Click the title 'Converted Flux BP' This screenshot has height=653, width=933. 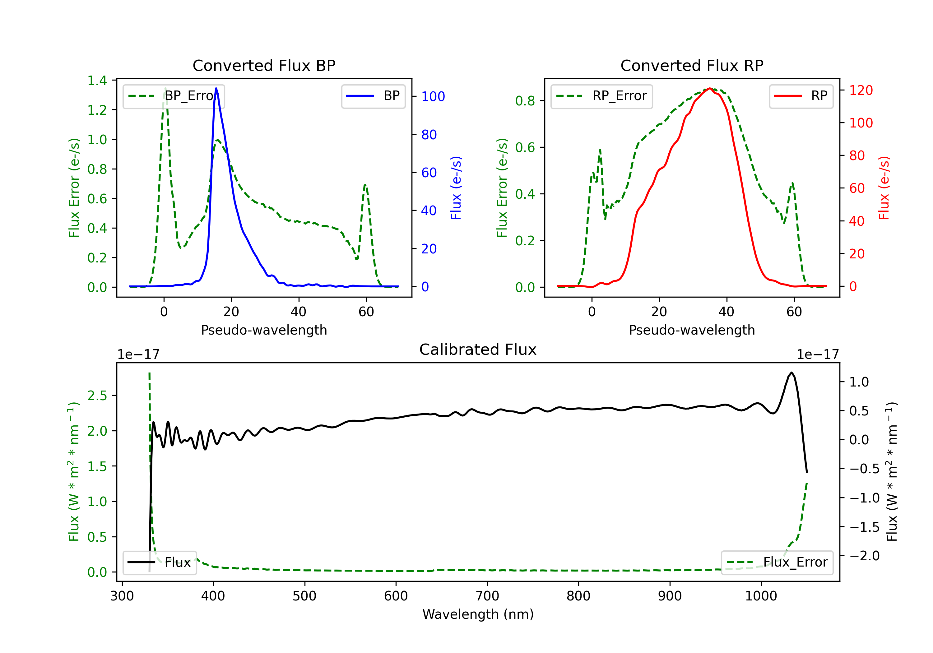click(x=264, y=65)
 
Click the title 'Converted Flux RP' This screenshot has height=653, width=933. click(x=692, y=65)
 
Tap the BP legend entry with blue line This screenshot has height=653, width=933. click(x=373, y=96)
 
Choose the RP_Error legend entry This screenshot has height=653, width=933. click(x=601, y=96)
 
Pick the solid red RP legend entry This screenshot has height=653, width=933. click(x=801, y=96)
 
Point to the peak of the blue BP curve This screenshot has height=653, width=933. click(x=216, y=89)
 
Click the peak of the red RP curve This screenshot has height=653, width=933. click(x=709, y=89)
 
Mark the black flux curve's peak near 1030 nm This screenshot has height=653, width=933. click(x=791, y=373)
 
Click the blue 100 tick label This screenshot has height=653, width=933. click(x=433, y=96)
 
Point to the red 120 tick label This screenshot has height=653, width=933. click(x=861, y=90)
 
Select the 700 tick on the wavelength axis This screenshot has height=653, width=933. click(x=487, y=596)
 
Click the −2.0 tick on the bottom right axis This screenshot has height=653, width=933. click(x=864, y=555)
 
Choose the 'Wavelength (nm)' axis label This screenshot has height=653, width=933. click(x=478, y=614)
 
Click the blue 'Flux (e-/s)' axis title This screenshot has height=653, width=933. click(x=456, y=188)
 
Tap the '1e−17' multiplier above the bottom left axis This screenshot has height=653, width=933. click(x=138, y=354)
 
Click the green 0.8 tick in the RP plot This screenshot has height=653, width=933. click(x=525, y=101)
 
